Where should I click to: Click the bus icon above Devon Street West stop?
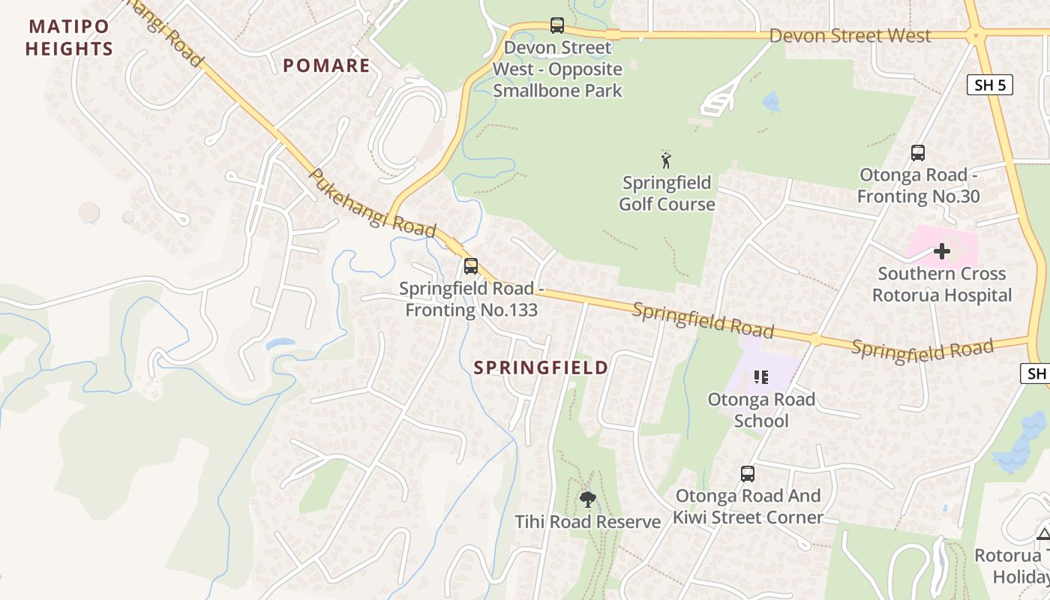556,25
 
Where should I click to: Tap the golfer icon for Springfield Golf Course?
666,160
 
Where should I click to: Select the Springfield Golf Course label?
667,193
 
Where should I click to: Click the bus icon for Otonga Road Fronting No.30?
917,153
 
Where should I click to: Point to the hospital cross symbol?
942,251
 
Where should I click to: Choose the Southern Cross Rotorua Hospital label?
942,284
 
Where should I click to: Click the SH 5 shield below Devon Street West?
989,85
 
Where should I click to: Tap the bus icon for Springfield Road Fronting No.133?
470,266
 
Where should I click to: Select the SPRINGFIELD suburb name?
541,367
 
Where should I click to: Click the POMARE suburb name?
326,66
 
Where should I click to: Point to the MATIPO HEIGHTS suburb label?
69,38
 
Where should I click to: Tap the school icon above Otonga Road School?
761,377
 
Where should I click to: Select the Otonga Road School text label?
761,410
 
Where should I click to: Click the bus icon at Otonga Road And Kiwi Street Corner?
748,474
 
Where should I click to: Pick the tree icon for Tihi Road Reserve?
588,499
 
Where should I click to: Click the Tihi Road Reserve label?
588,522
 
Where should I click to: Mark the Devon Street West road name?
850,36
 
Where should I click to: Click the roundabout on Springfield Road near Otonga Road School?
815,339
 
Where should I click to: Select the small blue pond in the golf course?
772,102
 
